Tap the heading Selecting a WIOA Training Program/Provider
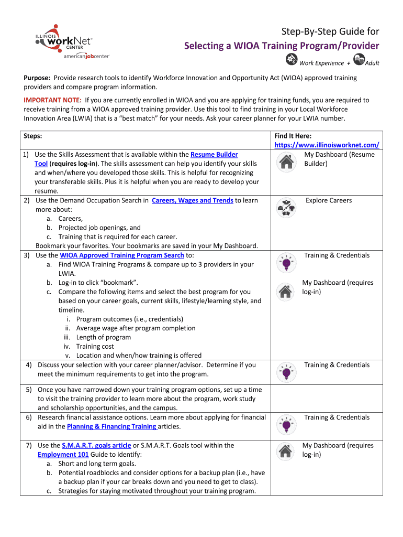pyautogui.click(x=281, y=46)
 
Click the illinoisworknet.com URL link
pyautogui.click(x=327, y=145)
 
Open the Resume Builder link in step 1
pyautogui.click(x=214, y=155)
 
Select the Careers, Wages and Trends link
pyautogui.click(x=192, y=200)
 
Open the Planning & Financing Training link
pyautogui.click(x=111, y=426)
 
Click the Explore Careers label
pyautogui.click(x=329, y=200)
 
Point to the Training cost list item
pyautogui.click(x=95, y=346)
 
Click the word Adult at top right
pyautogui.click(x=372, y=63)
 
